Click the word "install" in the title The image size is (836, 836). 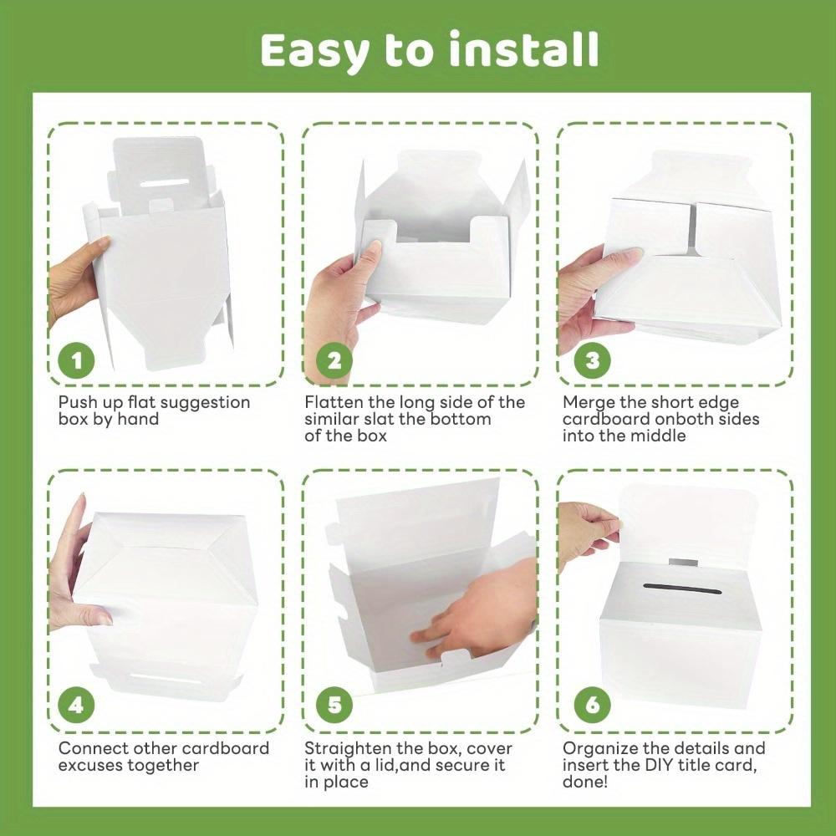point(524,49)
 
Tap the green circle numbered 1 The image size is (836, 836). point(77,361)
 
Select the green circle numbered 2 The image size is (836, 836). point(334,361)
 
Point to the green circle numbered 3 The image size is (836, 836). point(592,361)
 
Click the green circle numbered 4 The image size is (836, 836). point(77,706)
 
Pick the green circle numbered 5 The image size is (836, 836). point(334,706)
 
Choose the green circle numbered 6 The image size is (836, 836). point(592,706)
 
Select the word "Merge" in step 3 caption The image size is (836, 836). point(588,403)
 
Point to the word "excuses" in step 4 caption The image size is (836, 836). point(90,765)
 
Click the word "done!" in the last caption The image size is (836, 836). point(585,782)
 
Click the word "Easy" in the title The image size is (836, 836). point(314,52)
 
